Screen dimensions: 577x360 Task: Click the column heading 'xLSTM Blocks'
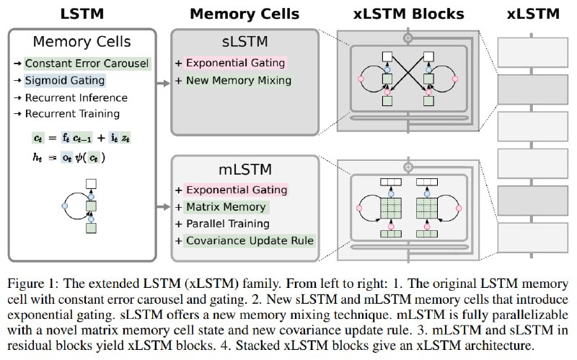pos(408,14)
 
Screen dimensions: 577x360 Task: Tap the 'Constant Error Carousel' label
pos(87,63)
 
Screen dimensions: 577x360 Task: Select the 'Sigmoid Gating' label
pos(65,80)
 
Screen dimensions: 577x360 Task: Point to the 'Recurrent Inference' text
pos(76,97)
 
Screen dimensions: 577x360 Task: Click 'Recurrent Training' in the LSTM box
pos(72,114)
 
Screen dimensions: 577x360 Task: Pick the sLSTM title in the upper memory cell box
pos(245,41)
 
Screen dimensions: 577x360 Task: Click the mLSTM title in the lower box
pos(245,169)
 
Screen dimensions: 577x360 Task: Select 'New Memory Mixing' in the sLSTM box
pos(239,80)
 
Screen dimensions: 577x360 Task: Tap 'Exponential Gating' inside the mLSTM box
pos(237,190)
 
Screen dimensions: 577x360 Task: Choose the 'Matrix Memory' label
pos(226,207)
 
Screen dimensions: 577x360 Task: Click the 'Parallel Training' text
pos(228,224)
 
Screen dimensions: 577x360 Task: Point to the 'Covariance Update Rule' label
pos(250,240)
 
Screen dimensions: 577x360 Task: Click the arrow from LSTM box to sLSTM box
pos(164,83)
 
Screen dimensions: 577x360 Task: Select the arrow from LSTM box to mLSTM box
pos(164,207)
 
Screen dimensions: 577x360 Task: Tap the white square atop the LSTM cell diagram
pos(91,184)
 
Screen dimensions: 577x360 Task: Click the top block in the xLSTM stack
pos(532,52)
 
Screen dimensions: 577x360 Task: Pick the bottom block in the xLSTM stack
pos(532,238)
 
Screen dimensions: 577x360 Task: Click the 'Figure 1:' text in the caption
pos(32,284)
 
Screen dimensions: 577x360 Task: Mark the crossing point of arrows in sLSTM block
pos(408,73)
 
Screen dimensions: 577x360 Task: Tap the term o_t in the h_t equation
pos(66,158)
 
